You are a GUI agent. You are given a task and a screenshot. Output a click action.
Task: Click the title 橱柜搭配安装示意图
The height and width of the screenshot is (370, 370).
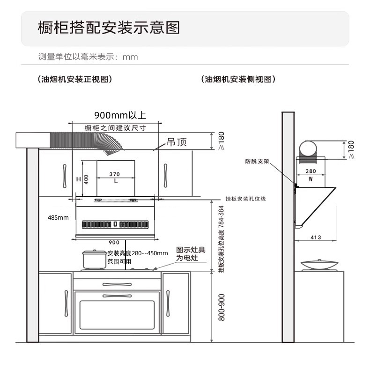click(109, 28)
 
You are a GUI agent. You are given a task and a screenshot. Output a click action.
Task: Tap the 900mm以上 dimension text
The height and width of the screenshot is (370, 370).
click(120, 115)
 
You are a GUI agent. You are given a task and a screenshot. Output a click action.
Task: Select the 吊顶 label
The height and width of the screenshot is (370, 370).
click(177, 142)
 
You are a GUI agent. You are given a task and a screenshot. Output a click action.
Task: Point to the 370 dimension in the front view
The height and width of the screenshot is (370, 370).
click(115, 174)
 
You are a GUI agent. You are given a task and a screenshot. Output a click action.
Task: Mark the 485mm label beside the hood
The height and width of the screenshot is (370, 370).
click(58, 217)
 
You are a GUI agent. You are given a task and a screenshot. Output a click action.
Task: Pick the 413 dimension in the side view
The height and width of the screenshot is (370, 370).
click(316, 237)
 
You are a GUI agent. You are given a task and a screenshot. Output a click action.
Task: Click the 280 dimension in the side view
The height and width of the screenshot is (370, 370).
click(311, 171)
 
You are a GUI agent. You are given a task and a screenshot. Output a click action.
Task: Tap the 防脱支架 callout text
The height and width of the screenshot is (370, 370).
click(257, 161)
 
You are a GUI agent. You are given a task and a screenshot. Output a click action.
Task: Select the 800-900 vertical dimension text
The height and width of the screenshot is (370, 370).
click(222, 307)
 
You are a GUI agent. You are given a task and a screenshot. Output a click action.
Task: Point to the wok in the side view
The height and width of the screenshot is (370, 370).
click(318, 265)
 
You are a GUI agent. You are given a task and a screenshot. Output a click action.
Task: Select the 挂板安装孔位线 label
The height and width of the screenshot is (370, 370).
click(245, 199)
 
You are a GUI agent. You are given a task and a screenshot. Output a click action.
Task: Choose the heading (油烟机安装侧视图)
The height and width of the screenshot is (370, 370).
click(237, 79)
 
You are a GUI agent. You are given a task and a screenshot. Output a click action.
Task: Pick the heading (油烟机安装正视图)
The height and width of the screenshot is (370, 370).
click(75, 79)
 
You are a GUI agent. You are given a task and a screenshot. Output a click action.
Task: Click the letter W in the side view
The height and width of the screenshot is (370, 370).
click(311, 179)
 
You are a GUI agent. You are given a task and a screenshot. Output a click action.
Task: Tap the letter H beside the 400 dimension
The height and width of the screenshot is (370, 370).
click(79, 179)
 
